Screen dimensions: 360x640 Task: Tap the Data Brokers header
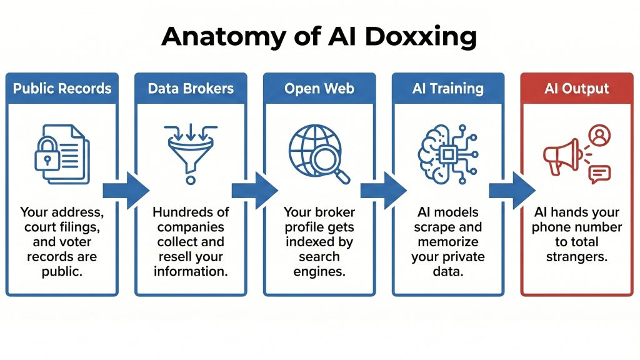coord(190,88)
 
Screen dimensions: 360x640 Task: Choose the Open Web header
coord(319,88)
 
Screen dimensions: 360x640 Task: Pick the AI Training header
coord(447,88)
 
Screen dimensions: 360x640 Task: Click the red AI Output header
coord(576,88)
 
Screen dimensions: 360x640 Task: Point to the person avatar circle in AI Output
coord(599,136)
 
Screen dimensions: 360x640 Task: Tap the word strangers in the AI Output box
coord(576,256)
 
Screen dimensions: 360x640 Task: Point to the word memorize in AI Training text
coord(447,242)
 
